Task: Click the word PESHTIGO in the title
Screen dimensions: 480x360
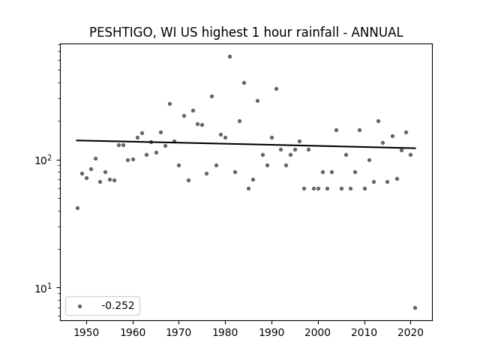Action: coord(121,32)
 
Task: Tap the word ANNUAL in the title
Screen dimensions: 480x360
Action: coord(377,32)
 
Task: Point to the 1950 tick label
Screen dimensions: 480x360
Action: coord(87,332)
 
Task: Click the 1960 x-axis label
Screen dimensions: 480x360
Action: coord(133,332)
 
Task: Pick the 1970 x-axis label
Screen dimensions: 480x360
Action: coord(179,332)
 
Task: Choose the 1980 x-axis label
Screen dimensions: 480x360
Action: coord(225,332)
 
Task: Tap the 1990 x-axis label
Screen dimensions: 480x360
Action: coord(271,332)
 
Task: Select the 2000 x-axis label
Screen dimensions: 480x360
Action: coord(318,332)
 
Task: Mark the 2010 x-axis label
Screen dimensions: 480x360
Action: coord(364,332)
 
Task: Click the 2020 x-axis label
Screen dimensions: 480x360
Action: coord(410,332)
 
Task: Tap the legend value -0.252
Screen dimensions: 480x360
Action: coord(118,305)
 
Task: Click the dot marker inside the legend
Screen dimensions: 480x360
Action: coord(80,306)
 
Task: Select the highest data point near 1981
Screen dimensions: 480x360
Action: coord(230,57)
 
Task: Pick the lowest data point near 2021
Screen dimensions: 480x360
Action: coord(415,308)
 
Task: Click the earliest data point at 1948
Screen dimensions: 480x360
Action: coord(77,208)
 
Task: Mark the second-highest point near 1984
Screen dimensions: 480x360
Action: coord(244,83)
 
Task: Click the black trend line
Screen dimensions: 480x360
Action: coord(246,144)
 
